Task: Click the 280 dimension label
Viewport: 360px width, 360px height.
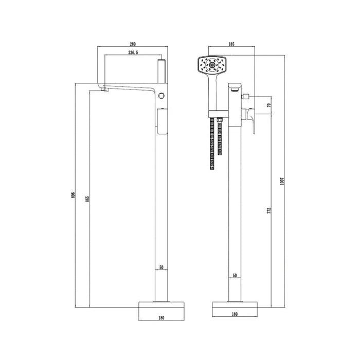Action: pyautogui.click(x=133, y=44)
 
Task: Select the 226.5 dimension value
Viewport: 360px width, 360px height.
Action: pyautogui.click(x=133, y=52)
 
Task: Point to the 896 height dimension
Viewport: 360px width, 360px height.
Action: pyautogui.click(x=73, y=195)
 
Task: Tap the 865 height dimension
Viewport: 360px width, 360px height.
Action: pyautogui.click(x=87, y=199)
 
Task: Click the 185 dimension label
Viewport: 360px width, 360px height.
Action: pyautogui.click(x=231, y=44)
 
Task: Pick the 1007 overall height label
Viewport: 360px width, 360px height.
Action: pyautogui.click(x=282, y=182)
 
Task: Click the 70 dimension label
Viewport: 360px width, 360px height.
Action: pyautogui.click(x=269, y=105)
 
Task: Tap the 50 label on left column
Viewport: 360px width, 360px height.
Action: pyautogui.click(x=161, y=267)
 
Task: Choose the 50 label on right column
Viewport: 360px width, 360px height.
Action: pyautogui.click(x=235, y=275)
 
